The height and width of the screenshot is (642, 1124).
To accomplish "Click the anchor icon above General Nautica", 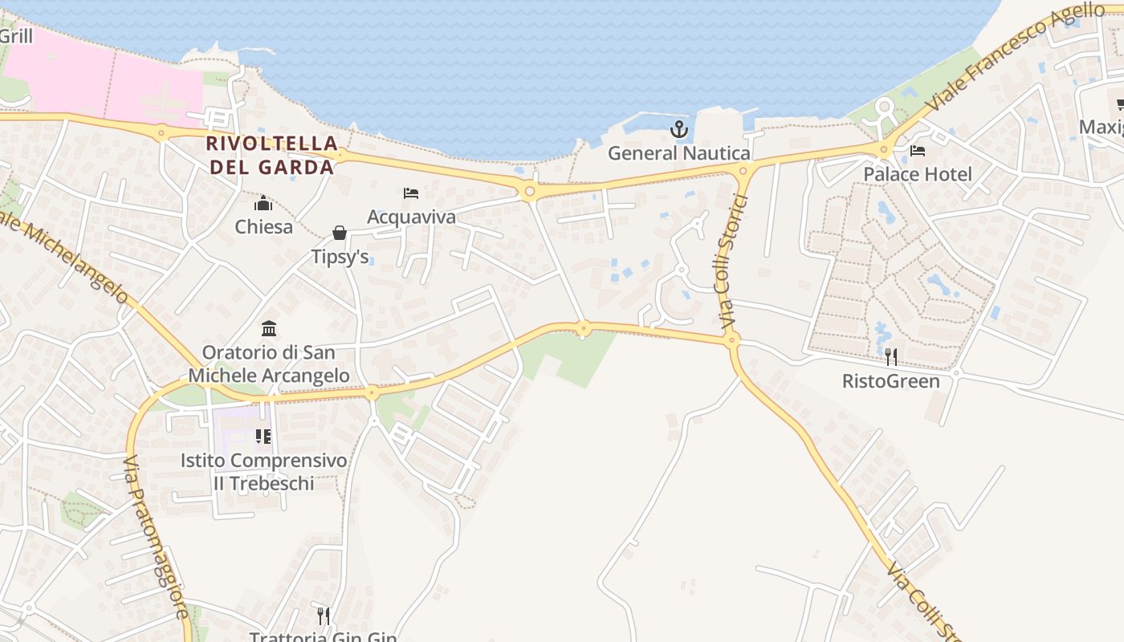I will (679, 129).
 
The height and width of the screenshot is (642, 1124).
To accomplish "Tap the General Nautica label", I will (679, 152).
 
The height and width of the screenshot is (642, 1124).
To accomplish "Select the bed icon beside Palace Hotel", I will (918, 151).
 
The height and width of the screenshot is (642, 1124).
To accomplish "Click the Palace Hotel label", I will (918, 174).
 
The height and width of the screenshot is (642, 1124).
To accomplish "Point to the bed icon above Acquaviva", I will (411, 193).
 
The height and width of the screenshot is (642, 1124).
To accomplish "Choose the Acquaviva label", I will (411, 217).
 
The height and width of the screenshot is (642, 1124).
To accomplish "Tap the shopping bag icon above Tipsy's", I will (340, 233).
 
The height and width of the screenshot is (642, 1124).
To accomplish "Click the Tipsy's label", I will (340, 256).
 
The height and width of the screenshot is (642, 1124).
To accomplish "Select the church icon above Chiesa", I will (263, 203).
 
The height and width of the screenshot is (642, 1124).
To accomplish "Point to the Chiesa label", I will (263, 226).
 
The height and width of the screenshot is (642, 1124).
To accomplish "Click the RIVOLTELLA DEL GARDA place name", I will (271, 155).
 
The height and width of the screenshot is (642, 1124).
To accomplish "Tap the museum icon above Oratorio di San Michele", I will (269, 329).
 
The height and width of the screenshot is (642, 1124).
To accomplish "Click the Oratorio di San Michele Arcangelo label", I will (269, 364).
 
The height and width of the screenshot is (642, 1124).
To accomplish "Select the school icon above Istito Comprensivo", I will (263, 437).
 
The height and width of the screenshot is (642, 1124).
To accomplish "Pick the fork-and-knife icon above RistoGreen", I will (890, 357).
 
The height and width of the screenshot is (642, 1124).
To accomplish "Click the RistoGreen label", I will (890, 380).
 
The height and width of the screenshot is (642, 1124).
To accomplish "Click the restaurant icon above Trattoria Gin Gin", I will (323, 616).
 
